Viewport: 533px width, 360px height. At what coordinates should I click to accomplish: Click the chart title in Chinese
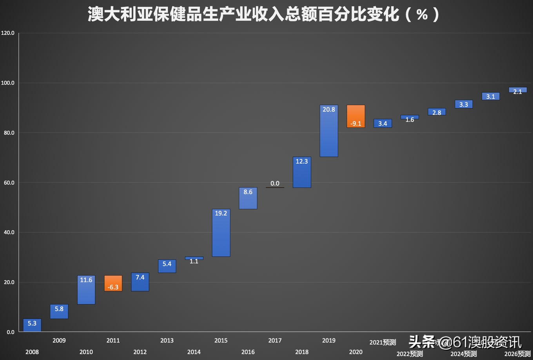coord(263,15)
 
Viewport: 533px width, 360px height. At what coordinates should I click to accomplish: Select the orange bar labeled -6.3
coord(113,283)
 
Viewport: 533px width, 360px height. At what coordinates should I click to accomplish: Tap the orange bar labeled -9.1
coord(355,116)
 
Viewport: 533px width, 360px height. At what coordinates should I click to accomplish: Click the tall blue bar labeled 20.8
coord(328,131)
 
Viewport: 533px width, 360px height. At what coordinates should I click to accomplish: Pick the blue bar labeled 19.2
coord(221,233)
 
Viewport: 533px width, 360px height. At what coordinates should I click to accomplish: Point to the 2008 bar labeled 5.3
coord(32,325)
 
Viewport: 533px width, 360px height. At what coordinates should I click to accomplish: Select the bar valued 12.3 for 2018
coord(301,172)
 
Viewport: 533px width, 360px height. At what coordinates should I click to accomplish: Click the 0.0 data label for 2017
coord(275,183)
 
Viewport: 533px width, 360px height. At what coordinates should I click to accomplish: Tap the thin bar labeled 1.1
coord(194,258)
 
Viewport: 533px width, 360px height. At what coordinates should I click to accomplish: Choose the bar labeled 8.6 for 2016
coord(248,198)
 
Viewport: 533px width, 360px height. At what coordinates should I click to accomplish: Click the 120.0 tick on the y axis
coord(8,33)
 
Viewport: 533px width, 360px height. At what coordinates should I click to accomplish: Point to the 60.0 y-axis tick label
coord(8,183)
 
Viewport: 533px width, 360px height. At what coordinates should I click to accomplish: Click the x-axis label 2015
coord(221,340)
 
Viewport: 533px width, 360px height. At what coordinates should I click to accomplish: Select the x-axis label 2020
coord(355,352)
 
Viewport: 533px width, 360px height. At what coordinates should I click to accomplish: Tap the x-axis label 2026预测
coord(517,354)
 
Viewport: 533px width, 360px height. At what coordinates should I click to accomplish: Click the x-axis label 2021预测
coord(383,342)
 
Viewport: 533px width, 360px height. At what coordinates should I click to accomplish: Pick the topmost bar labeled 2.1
coord(517,90)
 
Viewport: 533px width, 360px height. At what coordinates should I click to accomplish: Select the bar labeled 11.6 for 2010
coord(86,289)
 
